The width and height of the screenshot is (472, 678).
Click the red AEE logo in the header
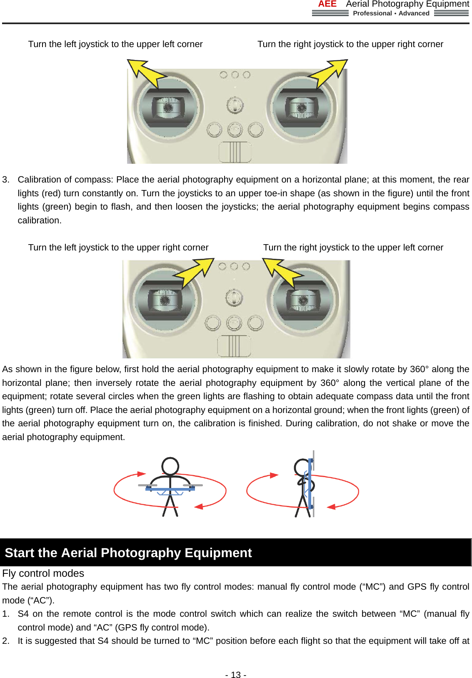coord(327,4)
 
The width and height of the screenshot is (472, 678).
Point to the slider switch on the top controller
coord(235,152)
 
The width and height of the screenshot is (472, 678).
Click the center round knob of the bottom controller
coord(234,298)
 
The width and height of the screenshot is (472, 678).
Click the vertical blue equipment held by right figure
coord(310,483)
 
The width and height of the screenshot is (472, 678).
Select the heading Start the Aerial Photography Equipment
coord(128,553)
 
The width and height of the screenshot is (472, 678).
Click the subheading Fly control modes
coord(43,573)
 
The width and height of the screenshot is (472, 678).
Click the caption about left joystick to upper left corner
coord(115,44)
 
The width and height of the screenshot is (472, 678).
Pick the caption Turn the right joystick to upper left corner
coord(353,248)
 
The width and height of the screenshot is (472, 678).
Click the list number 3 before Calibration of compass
coord(5,180)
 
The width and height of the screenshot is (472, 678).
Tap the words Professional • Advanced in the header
coord(391,13)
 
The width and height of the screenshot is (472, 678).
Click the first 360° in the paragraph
coord(419,369)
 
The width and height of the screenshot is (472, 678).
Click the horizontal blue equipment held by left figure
coord(170,489)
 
